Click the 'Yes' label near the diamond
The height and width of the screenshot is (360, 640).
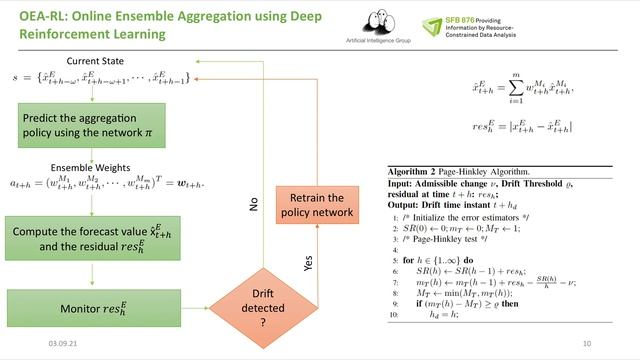pos(291,263)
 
